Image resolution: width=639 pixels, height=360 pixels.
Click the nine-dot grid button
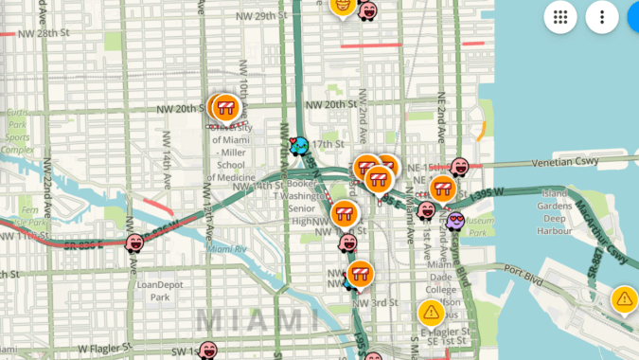560,17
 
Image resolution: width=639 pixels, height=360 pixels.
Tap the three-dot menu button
602,17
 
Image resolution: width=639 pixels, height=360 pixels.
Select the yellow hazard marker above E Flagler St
432,311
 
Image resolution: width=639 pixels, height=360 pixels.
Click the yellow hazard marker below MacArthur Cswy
624,299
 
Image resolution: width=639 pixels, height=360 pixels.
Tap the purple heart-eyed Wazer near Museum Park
456,222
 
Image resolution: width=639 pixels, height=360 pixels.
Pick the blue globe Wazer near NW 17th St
299,147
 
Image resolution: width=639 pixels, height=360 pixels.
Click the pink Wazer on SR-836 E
135,244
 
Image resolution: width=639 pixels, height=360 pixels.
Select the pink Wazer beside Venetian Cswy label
460,168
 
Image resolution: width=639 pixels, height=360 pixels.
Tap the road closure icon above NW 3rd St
360,275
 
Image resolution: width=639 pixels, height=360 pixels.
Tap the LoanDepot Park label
158,290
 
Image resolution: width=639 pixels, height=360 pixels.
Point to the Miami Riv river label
227,249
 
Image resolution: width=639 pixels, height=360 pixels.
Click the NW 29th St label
261,16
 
